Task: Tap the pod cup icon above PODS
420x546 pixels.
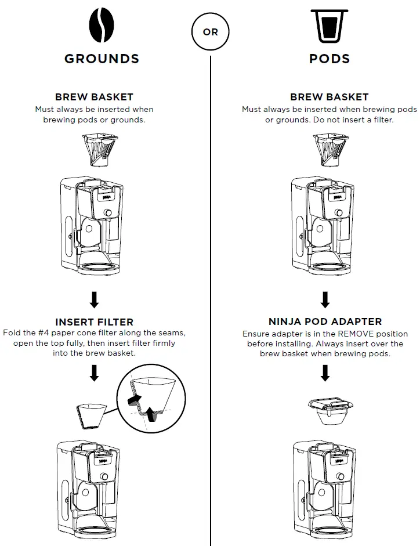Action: click(x=329, y=27)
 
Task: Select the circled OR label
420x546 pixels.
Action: click(x=210, y=32)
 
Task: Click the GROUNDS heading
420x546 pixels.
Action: click(x=102, y=59)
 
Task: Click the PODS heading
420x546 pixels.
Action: click(x=329, y=59)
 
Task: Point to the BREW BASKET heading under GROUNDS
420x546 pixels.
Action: click(x=94, y=97)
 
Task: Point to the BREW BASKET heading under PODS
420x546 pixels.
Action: click(x=329, y=97)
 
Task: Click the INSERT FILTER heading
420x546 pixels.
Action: click(x=94, y=321)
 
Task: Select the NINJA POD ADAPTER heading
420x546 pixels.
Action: click(x=325, y=321)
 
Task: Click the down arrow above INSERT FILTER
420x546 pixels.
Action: click(x=94, y=300)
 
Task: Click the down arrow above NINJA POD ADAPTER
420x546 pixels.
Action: click(x=325, y=300)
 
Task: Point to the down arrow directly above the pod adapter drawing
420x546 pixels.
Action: click(x=325, y=373)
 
